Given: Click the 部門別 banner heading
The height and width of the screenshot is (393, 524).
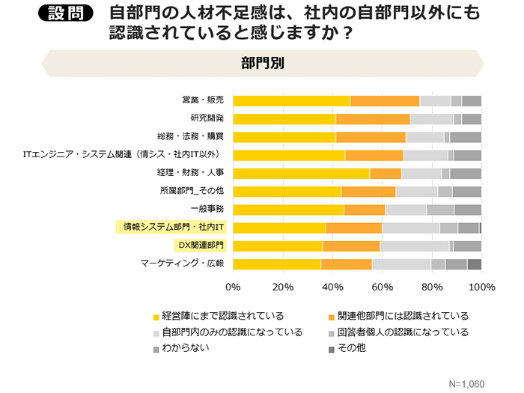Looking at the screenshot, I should tap(262, 63).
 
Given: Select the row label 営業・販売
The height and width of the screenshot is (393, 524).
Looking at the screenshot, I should tap(203, 101).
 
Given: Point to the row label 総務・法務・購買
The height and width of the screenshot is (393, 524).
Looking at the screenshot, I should tap(191, 137).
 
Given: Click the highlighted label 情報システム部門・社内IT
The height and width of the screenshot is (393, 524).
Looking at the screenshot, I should tap(174, 227).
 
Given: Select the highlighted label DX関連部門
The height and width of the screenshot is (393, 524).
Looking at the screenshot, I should tap(199, 245).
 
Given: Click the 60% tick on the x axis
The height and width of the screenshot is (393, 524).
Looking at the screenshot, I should tap(383, 287).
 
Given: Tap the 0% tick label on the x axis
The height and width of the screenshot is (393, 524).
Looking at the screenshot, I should tap(233, 287).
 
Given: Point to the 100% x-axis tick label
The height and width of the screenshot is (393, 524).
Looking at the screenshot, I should tap(481, 287).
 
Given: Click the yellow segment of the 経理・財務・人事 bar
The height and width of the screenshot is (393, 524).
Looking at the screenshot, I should tap(301, 173).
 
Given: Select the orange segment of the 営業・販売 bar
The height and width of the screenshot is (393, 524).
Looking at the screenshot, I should tap(385, 101).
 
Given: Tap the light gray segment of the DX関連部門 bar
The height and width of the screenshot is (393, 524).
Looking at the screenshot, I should tap(414, 245).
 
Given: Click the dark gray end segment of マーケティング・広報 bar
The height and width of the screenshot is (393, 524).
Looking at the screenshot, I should tap(474, 263).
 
